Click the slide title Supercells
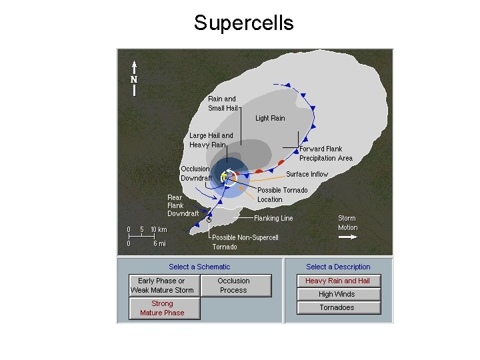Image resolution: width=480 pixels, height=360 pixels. [243, 23]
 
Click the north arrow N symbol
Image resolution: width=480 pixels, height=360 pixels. [134, 78]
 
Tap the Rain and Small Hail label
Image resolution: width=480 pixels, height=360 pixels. [222, 103]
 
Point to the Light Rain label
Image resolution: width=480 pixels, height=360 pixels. [270, 119]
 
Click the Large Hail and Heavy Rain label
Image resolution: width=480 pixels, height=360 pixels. [211, 140]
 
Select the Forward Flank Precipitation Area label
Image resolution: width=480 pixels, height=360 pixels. [325, 153]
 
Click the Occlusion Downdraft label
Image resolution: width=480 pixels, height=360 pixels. [196, 173]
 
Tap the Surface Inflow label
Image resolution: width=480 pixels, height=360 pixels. [307, 174]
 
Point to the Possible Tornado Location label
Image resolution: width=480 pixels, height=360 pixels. [283, 195]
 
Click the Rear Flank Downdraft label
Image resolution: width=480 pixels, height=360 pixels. [183, 205]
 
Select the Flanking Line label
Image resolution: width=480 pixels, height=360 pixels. [273, 218]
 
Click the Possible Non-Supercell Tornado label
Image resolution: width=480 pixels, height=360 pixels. [245, 242]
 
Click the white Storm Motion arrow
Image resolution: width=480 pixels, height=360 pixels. [348, 236]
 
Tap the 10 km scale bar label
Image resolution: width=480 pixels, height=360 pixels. [159, 230]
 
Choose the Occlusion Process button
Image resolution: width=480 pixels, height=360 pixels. [233, 285]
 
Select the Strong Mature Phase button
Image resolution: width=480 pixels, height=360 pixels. [162, 308]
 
